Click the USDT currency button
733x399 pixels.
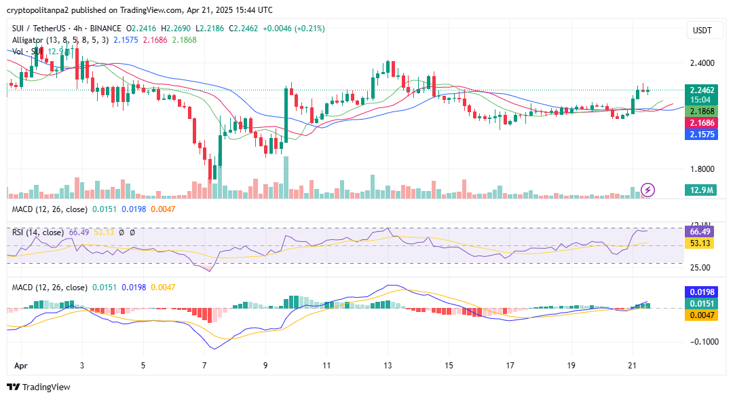click(702, 31)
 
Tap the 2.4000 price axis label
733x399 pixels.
click(701, 63)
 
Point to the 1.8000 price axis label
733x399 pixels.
click(701, 169)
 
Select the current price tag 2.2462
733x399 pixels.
click(701, 90)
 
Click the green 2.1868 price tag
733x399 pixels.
click(701, 111)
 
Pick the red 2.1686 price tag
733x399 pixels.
click(701, 123)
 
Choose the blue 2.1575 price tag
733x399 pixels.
click(701, 135)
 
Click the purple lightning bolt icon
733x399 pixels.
click(647, 190)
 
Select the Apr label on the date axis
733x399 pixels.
click(20, 365)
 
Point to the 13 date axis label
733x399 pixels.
click(388, 365)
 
